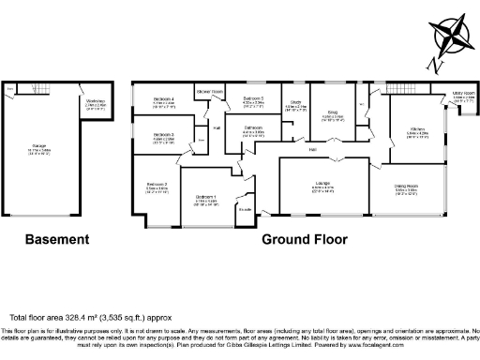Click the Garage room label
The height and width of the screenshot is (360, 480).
[39, 146]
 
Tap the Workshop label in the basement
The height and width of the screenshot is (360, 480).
[95, 100]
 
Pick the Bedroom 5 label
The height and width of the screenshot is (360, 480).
[254, 97]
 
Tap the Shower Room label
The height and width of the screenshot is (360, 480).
[209, 91]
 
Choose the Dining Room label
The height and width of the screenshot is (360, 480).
[406, 186]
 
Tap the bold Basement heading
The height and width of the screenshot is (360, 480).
[56, 239]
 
